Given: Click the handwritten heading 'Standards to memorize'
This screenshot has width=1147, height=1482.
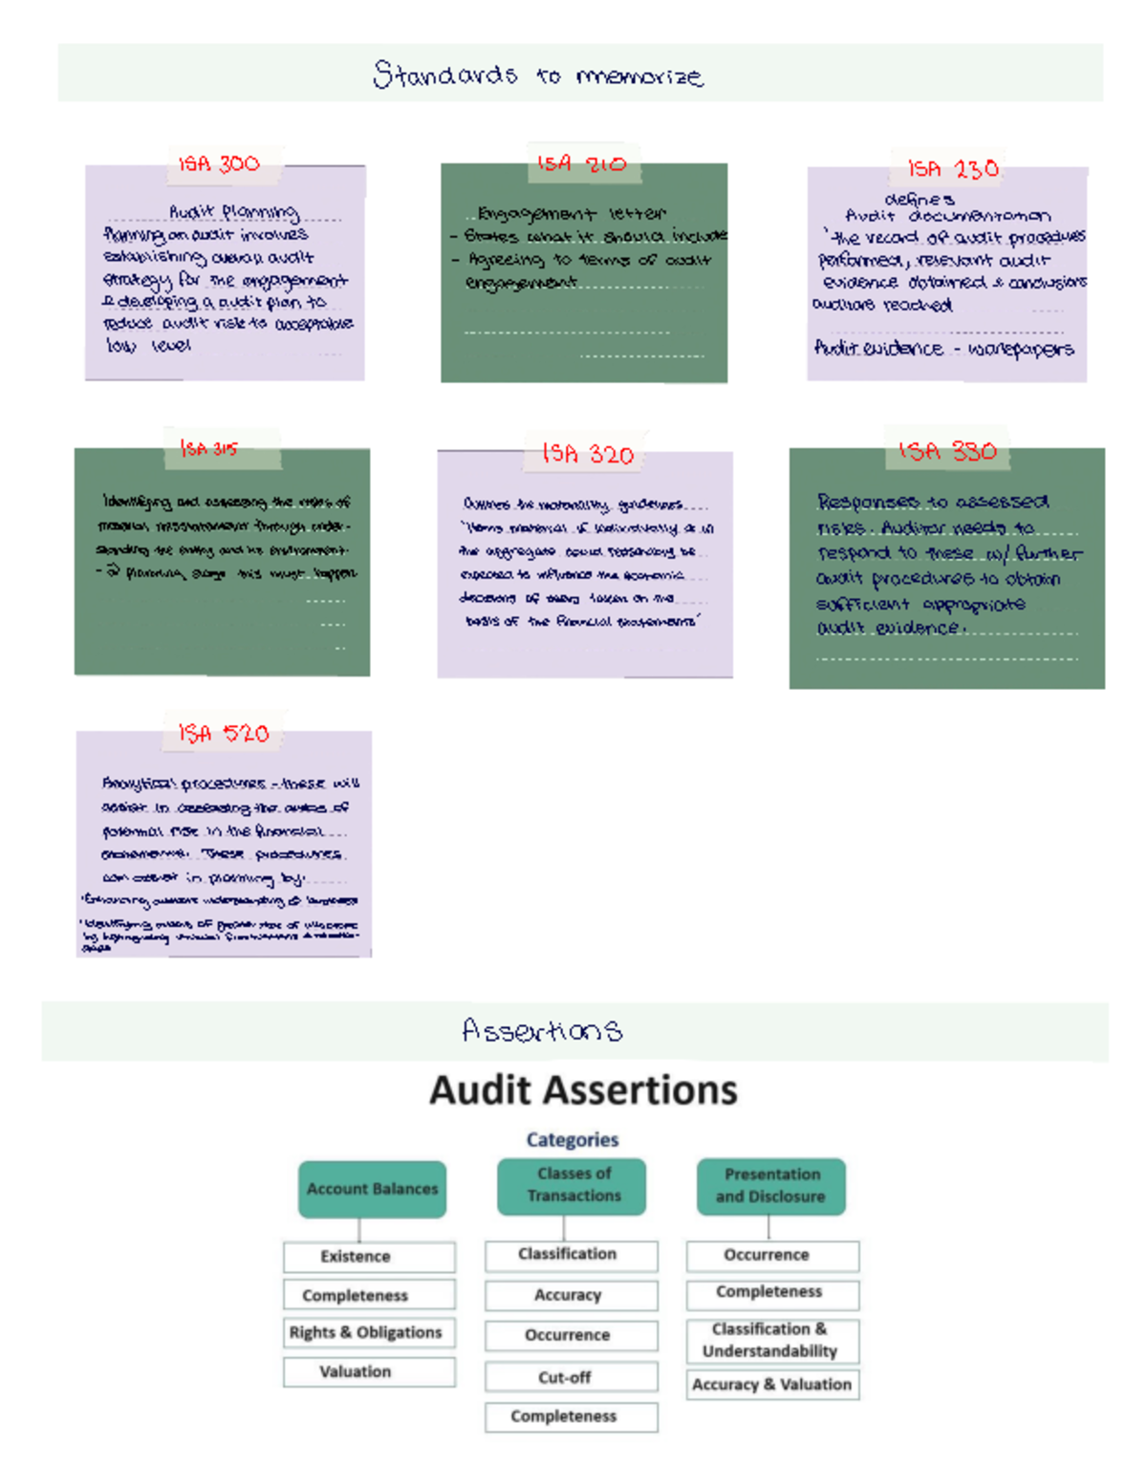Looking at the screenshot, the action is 538,75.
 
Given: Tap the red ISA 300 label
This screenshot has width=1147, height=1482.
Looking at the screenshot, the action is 219,163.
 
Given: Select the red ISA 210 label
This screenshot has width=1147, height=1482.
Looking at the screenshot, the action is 581,163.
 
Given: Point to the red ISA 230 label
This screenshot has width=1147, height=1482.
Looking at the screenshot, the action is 953,169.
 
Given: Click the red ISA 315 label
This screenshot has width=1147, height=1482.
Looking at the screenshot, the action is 208,448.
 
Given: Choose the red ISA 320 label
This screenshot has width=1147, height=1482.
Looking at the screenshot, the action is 588,453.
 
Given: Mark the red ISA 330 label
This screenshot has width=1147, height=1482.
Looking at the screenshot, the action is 947,451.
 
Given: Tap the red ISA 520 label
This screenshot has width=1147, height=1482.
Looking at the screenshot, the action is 224,733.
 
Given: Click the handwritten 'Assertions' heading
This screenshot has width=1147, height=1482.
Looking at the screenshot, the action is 542,1030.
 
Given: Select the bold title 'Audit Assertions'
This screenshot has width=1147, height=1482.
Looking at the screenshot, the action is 583,1089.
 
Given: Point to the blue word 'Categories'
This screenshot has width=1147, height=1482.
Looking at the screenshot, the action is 572,1139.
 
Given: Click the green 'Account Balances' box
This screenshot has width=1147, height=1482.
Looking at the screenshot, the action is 372,1189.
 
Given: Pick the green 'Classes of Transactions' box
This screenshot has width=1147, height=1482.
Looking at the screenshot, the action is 572,1185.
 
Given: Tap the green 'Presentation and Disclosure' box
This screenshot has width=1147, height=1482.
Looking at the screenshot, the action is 770,1186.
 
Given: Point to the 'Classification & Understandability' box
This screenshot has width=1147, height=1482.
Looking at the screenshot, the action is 771,1340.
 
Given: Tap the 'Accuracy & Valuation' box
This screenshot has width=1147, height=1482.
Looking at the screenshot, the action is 771,1384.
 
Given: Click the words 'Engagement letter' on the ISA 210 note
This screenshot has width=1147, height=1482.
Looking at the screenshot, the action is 572,214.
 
